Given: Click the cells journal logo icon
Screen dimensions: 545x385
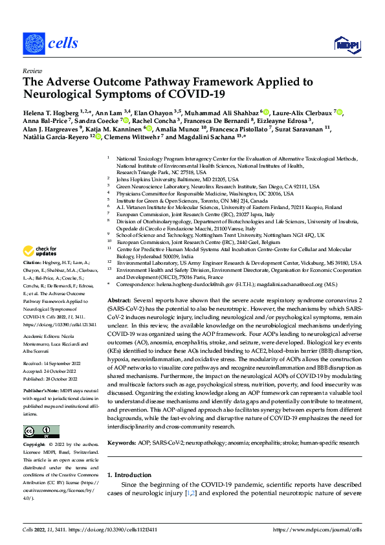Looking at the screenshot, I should (x=34, y=45).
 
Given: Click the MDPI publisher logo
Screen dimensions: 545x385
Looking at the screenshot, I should (x=344, y=44).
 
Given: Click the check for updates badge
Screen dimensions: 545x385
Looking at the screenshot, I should (x=40, y=250).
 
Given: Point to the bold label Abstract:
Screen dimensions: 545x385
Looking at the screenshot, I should (x=119, y=302).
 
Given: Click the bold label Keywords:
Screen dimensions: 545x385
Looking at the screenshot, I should (x=121, y=442).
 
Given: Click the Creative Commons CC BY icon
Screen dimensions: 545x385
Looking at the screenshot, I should (x=41, y=432).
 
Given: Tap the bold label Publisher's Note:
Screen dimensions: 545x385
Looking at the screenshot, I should (x=40, y=374).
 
